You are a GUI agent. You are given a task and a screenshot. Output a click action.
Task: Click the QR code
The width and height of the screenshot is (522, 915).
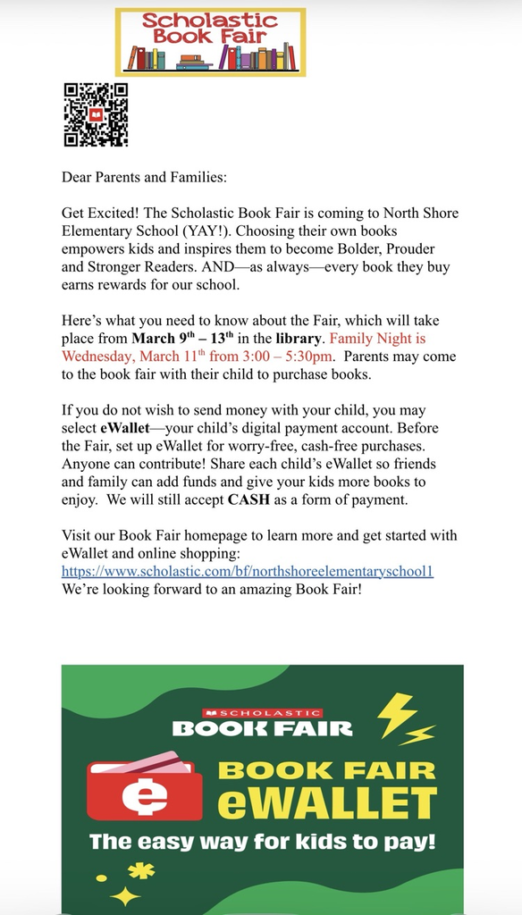pyautogui.click(x=96, y=114)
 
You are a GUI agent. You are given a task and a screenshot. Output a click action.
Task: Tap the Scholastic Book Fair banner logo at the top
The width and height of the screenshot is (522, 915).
pyautogui.click(x=210, y=42)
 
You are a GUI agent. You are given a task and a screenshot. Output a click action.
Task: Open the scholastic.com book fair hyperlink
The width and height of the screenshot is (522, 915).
pyautogui.click(x=248, y=571)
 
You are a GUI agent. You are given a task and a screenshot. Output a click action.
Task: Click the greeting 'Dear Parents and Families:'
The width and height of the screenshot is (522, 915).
pyautogui.click(x=144, y=177)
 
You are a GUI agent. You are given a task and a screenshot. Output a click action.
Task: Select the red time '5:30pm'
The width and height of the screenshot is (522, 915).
pyautogui.click(x=310, y=357)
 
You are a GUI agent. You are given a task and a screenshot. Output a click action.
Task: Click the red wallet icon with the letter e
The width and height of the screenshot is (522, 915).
pyautogui.click(x=145, y=786)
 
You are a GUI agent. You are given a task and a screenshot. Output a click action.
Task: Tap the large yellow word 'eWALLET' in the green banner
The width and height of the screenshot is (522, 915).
pyautogui.click(x=329, y=800)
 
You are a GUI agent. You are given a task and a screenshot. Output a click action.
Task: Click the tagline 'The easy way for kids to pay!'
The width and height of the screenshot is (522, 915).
pyautogui.click(x=261, y=842)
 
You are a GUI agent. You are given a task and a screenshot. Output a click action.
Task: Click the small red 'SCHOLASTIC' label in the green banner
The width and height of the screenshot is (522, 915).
pyautogui.click(x=262, y=712)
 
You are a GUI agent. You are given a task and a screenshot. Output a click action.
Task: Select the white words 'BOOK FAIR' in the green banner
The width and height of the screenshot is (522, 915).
pyautogui.click(x=262, y=728)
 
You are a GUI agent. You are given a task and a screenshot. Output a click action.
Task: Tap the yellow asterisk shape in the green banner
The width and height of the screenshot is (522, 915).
pyautogui.click(x=140, y=871)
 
